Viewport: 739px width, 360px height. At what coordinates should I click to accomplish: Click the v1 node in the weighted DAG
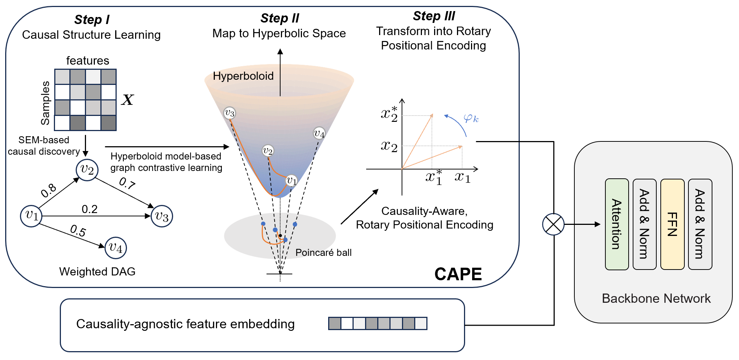pos(31,216)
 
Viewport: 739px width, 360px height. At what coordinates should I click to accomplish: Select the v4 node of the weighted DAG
pos(116,248)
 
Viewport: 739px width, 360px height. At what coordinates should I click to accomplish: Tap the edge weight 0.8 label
pos(48,191)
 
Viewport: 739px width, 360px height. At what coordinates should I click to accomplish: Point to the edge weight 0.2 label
pos(90,209)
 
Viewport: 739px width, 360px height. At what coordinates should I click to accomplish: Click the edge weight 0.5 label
pos(78,231)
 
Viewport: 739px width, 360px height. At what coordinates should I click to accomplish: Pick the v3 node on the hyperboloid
pos(230,113)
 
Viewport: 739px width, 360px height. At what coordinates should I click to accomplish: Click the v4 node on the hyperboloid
pos(319,133)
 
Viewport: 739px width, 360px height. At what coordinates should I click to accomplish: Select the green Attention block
pos(617,224)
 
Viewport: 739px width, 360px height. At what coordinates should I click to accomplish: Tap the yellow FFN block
pos(672,224)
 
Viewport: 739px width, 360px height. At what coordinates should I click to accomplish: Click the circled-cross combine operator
pos(553,224)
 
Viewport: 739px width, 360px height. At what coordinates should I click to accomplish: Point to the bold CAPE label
pos(458,274)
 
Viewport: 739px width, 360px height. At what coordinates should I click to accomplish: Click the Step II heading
pos(280,18)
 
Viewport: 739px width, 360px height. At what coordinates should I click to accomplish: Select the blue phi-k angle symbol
pos(471,119)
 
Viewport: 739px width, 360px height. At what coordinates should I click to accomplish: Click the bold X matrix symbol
pos(127,100)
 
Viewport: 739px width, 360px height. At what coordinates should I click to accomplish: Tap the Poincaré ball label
pos(323,253)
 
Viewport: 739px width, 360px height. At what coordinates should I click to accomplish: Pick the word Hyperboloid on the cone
pos(243,76)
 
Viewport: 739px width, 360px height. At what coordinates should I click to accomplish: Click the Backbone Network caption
pos(656,298)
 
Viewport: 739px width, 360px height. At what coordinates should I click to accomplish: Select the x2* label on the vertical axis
pos(389,114)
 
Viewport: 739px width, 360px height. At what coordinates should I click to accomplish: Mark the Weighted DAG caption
pos(97,272)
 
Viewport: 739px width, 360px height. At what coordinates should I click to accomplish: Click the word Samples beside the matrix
pos(45,103)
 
